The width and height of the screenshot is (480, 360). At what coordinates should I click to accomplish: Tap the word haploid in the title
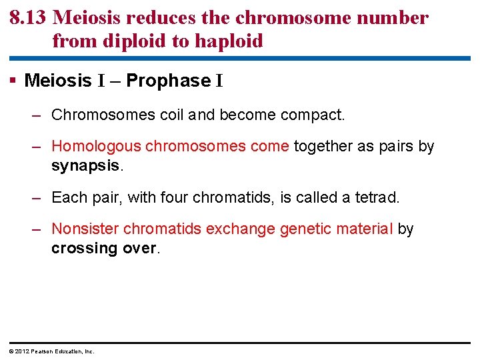(228, 41)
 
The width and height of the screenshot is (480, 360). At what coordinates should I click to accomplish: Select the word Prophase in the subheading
(168, 81)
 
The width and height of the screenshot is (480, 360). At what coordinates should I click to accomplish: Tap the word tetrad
(377, 197)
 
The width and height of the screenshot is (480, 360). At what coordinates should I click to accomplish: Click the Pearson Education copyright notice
(52, 351)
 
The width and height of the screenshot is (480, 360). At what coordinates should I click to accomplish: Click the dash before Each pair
(38, 197)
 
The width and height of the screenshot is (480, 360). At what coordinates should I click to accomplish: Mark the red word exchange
(241, 229)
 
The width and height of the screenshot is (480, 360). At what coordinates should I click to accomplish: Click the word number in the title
(396, 18)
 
